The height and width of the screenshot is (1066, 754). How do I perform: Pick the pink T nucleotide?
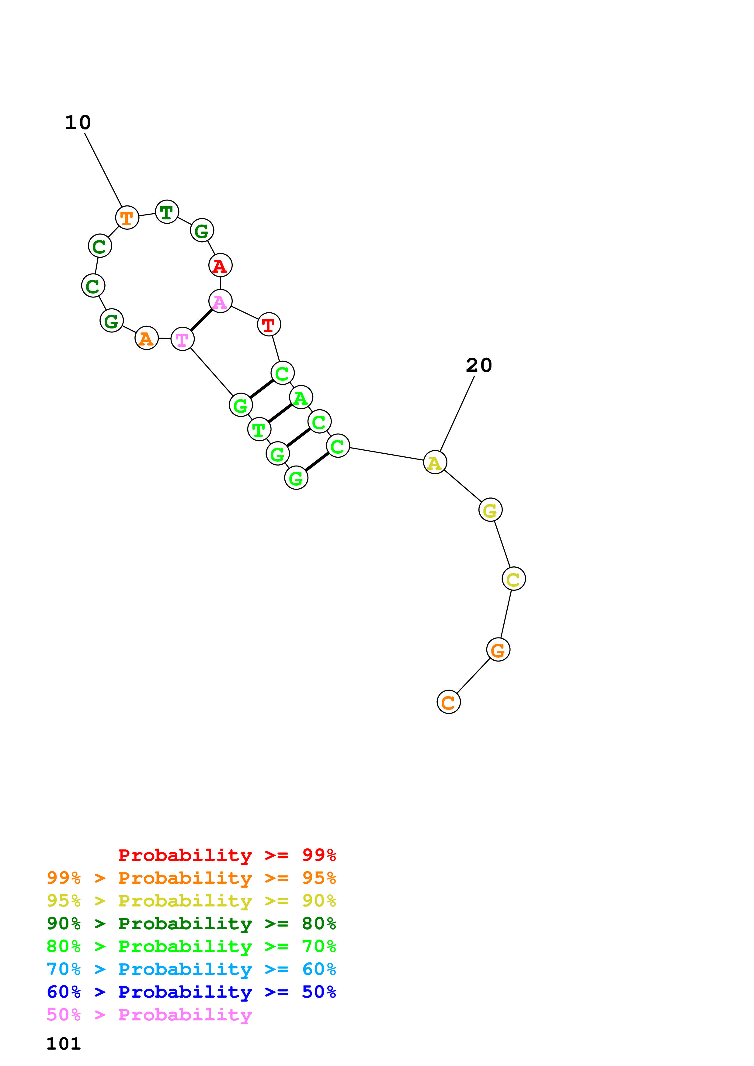(x=182, y=339)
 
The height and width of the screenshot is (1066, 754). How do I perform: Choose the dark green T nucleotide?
(x=167, y=212)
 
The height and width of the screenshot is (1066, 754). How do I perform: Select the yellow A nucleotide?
(x=435, y=463)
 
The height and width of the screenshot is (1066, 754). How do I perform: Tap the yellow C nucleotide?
(x=513, y=579)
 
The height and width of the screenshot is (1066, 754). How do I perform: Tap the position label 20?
(x=479, y=365)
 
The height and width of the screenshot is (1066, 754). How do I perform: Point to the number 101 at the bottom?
(x=64, y=1044)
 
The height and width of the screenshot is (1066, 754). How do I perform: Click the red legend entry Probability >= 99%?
(x=227, y=855)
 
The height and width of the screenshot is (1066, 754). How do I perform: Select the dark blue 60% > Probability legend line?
(x=191, y=992)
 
